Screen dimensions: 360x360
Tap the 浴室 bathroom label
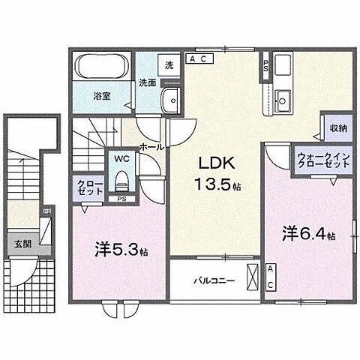coord(101,97)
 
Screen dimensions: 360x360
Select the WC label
coord(121,159)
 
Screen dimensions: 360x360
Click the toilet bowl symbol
coord(121,181)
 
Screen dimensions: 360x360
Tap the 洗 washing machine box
coord(169,65)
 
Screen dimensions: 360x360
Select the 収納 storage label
coord(337,128)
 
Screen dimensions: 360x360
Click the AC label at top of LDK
coord(200,58)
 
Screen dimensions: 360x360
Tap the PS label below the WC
coord(121,199)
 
